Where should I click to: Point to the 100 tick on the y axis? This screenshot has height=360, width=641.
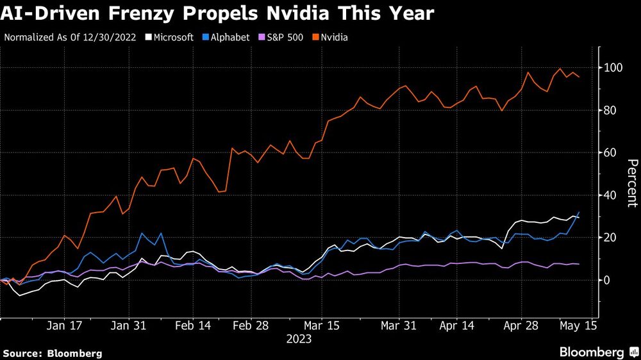pyautogui.click(x=613, y=68)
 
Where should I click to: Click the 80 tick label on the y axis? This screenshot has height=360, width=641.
pyautogui.click(x=610, y=110)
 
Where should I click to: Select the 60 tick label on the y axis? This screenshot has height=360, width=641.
pyautogui.click(x=610, y=152)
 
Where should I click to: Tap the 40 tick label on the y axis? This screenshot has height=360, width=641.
pyautogui.click(x=610, y=195)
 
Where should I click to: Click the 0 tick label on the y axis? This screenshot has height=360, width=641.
pyautogui.click(x=607, y=280)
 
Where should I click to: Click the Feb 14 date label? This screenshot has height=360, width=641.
pyautogui.click(x=192, y=325)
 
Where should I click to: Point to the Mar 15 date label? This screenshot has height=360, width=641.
pyautogui.click(x=322, y=325)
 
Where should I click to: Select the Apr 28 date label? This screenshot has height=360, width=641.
pyautogui.click(x=521, y=325)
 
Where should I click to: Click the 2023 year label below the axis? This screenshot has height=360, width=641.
pyautogui.click(x=299, y=338)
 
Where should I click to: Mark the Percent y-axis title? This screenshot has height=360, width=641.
pyautogui.click(x=631, y=183)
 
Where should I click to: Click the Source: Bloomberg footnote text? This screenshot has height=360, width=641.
pyautogui.click(x=53, y=353)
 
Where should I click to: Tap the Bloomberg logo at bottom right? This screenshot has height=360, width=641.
pyautogui.click(x=597, y=352)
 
